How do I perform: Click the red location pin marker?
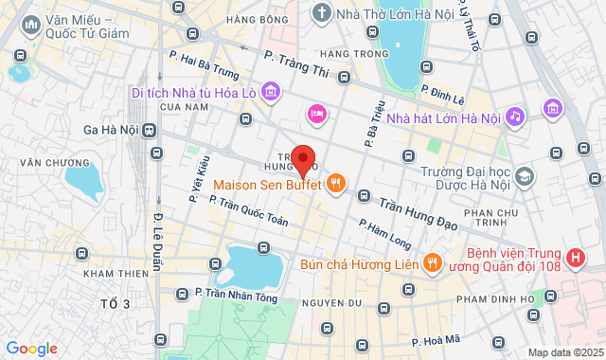click(x=303, y=160)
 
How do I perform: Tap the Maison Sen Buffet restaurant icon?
click(x=335, y=185)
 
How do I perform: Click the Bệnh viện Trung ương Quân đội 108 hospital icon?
click(x=574, y=258)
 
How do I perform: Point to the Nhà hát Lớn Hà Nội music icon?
click(x=514, y=117)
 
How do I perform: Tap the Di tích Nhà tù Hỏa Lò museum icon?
click(x=272, y=92)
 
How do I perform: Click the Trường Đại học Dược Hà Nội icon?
click(x=525, y=176)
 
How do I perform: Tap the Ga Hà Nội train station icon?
click(x=149, y=131)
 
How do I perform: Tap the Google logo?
click(x=31, y=349)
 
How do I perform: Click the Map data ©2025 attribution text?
click(x=563, y=352)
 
